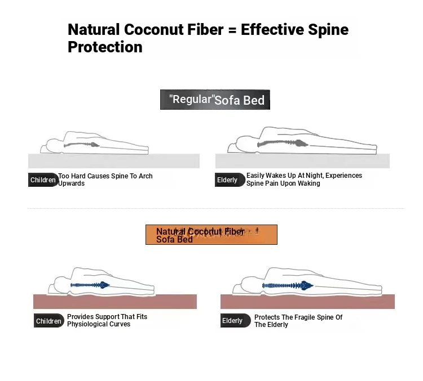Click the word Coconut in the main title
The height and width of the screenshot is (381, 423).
(x=153, y=29)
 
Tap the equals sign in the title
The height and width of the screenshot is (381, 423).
(x=232, y=30)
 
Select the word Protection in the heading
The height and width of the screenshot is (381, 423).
(x=105, y=47)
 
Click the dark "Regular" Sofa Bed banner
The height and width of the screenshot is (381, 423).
(x=215, y=100)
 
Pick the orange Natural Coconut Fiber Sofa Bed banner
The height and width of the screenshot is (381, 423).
(x=211, y=235)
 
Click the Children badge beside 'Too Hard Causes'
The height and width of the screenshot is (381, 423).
(x=43, y=180)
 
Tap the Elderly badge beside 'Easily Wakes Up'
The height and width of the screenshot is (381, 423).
(x=230, y=180)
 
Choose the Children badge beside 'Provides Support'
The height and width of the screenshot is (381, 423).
(x=49, y=321)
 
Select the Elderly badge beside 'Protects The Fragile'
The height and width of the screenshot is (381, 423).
(x=235, y=320)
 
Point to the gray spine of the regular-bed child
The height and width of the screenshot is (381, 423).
(x=81, y=145)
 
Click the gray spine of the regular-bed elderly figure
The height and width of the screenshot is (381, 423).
(x=283, y=144)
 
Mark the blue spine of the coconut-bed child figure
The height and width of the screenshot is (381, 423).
(x=90, y=285)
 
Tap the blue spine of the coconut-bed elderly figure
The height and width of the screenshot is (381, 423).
(x=288, y=285)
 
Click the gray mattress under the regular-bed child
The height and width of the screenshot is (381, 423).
(x=114, y=161)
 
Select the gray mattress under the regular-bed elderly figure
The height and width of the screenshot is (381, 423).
(x=302, y=161)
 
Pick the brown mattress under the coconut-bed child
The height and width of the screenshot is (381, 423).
(x=115, y=302)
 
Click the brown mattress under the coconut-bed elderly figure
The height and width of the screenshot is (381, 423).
(x=307, y=302)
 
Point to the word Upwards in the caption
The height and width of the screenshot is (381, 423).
(x=71, y=183)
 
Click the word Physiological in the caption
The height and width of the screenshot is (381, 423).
(x=86, y=324)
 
